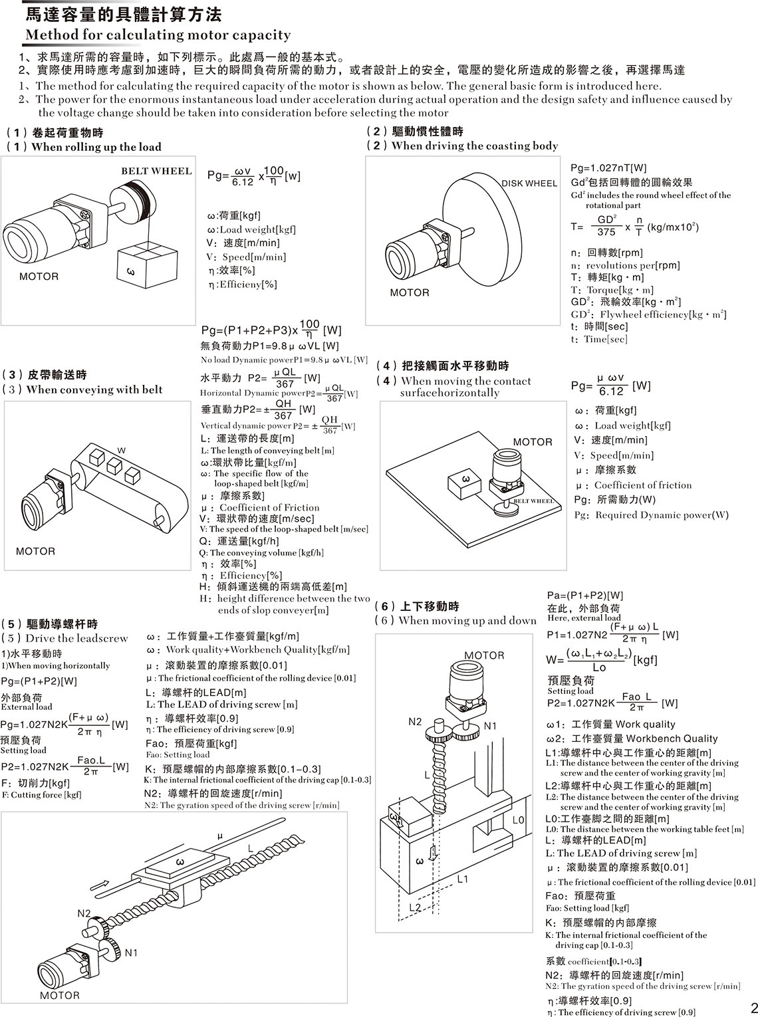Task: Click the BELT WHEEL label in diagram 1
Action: [x=156, y=171]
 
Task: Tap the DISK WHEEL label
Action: [x=529, y=183]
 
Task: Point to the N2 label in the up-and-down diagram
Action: [x=415, y=722]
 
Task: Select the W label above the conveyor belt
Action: [x=122, y=450]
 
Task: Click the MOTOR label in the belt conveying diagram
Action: [x=35, y=551]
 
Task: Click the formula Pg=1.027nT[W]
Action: [x=608, y=168]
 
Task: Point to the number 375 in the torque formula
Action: [x=606, y=232]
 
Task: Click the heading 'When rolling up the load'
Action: [x=96, y=147]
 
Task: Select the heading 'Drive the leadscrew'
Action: [x=76, y=638]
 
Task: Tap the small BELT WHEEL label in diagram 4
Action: [x=534, y=501]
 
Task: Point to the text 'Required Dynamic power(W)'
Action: [x=662, y=515]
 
